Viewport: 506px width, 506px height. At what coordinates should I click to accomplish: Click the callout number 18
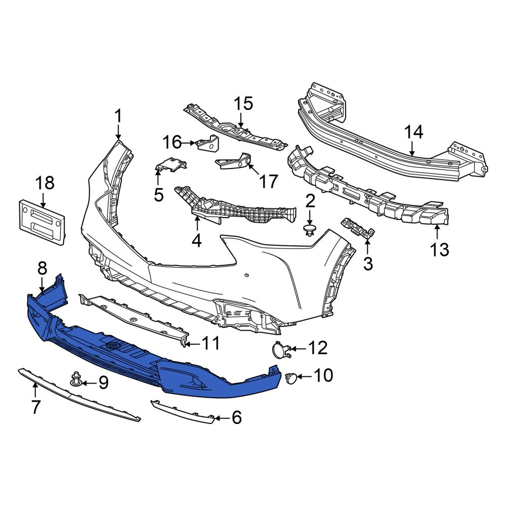[x=45, y=183]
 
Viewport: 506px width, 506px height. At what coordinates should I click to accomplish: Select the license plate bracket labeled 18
[x=43, y=222]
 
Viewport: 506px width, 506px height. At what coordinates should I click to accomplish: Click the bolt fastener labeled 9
[x=76, y=380]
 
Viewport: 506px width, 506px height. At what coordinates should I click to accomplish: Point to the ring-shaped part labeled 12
[x=281, y=350]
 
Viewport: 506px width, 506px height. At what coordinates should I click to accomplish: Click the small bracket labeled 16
[x=208, y=143]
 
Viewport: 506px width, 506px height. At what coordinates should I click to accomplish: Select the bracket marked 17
[x=234, y=161]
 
